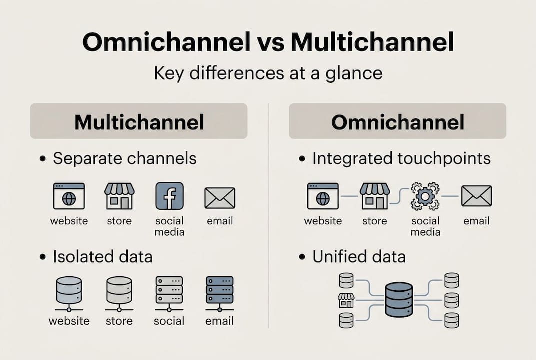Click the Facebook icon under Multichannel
169,196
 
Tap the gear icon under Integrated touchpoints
425,196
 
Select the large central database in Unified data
399,299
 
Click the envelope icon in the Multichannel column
220,198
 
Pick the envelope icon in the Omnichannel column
476,196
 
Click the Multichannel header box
139,121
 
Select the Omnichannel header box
397,121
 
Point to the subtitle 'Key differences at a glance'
268,73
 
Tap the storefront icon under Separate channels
119,196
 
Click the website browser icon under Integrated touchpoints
323,196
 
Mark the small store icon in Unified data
346,300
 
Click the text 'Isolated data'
102,257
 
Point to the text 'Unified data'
359,257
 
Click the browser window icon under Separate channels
69,196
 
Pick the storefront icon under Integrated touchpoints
375,196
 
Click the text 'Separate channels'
124,159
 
